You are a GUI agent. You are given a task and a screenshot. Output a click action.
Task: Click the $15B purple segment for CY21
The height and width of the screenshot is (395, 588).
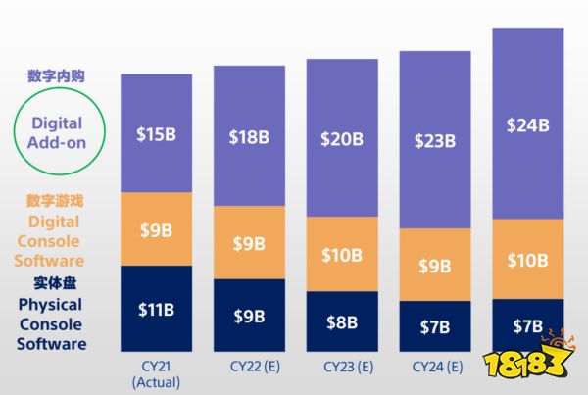157,133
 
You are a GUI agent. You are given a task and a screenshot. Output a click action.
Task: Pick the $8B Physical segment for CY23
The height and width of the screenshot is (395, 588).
342,321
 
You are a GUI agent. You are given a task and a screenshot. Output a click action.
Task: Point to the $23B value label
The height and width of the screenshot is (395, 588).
435,140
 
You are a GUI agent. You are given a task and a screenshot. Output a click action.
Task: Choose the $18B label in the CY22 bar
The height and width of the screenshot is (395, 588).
249,137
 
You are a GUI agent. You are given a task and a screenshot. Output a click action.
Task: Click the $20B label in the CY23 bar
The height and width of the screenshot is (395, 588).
342,138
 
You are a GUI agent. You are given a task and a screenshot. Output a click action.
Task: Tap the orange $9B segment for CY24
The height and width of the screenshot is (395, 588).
435,265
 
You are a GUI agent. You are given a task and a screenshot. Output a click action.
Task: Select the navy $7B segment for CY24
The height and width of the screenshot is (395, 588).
435,324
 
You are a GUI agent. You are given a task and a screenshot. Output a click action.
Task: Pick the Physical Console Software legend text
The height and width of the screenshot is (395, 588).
51,323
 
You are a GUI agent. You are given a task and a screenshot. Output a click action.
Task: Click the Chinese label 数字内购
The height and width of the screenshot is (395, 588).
57,74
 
